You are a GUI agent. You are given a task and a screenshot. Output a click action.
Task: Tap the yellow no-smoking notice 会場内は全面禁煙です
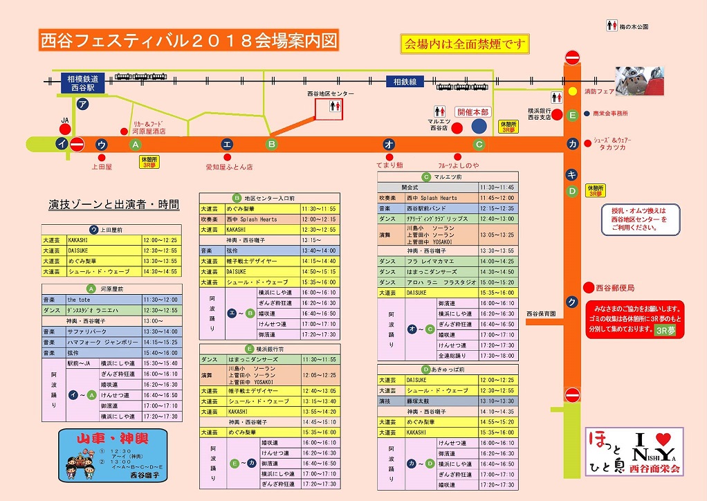pyautogui.click(x=465, y=44)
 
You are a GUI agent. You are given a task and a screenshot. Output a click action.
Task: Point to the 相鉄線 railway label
pyautogui.click(x=405, y=82)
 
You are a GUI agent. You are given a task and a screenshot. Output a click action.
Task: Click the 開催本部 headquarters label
pyautogui.click(x=472, y=112)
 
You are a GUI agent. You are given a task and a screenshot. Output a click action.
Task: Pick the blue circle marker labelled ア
pyautogui.click(x=83, y=104)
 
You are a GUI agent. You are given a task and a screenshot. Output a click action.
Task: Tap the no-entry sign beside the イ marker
pyautogui.click(x=77, y=145)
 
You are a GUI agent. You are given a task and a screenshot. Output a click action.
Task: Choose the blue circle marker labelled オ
pyautogui.click(x=389, y=144)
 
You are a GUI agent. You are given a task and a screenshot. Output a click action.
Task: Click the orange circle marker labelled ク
pyautogui.click(x=572, y=302)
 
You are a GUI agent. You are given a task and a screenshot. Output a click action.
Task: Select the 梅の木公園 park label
pyautogui.click(x=634, y=27)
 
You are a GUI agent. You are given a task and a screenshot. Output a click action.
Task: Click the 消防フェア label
pyautogui.click(x=599, y=91)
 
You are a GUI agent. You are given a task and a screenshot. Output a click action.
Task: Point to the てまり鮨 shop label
pyautogui.click(x=389, y=166)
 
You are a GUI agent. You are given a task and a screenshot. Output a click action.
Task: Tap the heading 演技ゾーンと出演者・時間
pyautogui.click(x=113, y=205)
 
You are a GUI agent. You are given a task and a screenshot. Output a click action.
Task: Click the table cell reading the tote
pyautogui.click(x=104, y=300)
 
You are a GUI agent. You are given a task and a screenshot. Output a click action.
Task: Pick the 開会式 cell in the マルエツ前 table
pyautogui.click(x=410, y=188)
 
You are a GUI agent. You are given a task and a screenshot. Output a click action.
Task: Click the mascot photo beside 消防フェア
pyautogui.click(x=640, y=80)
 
